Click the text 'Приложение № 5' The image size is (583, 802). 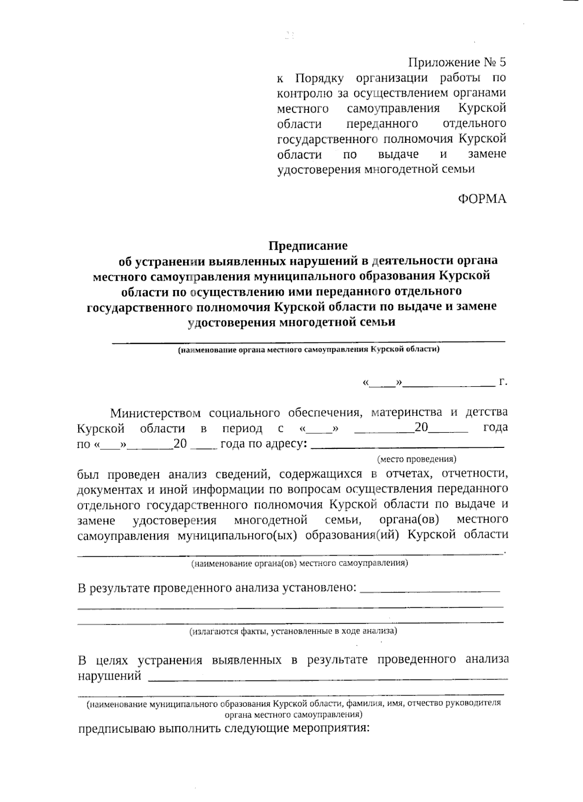(457, 62)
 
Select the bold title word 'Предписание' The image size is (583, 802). (309, 245)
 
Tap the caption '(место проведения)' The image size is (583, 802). (416, 459)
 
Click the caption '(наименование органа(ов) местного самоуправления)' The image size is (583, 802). (299, 563)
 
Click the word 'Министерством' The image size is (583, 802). (155, 413)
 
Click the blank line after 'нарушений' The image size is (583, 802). (328, 678)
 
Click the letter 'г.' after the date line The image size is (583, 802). (503, 382)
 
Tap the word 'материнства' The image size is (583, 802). (407, 413)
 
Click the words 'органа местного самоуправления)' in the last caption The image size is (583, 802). (293, 715)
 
